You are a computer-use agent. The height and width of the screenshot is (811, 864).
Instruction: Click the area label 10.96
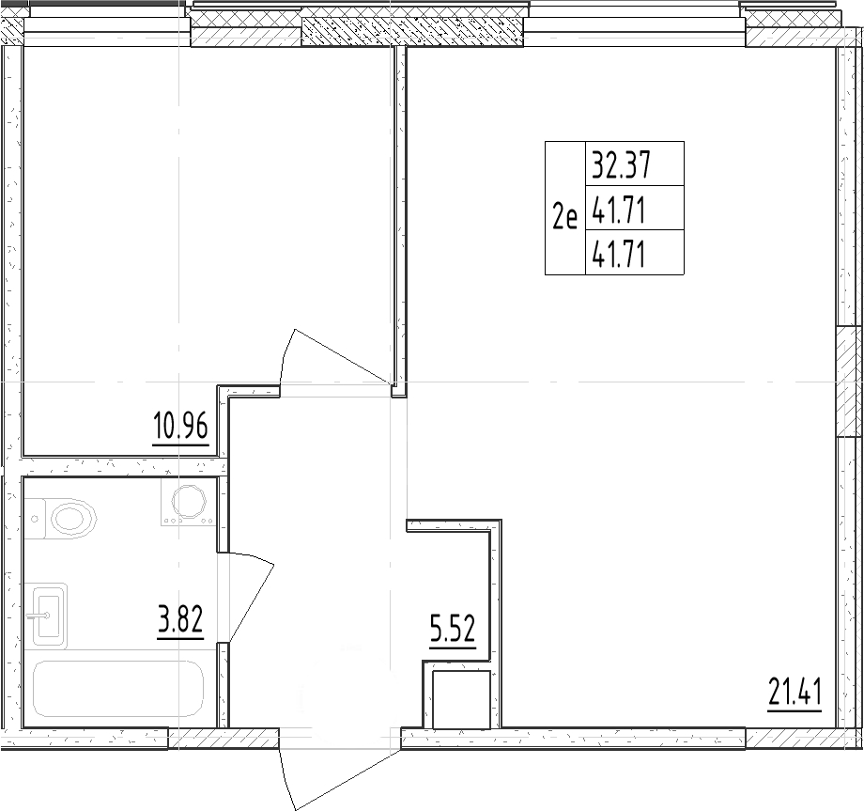pyautogui.click(x=178, y=429)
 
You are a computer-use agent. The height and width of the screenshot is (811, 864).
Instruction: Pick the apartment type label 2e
pyautogui.click(x=564, y=219)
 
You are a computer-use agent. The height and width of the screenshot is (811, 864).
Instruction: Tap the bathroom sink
pyautogui.click(x=50, y=616)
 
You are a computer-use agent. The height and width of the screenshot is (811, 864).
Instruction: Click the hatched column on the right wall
pyautogui.click(x=848, y=382)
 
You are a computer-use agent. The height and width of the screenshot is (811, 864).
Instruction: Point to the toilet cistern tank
pyautogui.click(x=34, y=516)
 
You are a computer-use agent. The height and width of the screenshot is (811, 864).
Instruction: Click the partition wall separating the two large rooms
pyautogui.click(x=399, y=216)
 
